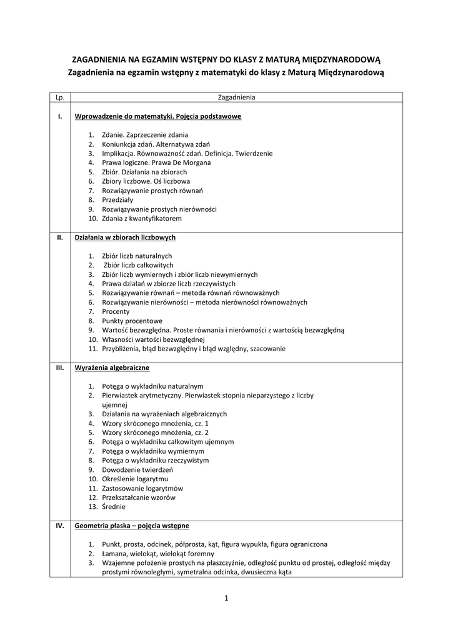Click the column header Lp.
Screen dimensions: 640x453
[60, 97]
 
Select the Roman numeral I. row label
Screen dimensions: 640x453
[60, 116]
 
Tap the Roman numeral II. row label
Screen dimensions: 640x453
[60, 237]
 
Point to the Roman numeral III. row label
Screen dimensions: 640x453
[60, 367]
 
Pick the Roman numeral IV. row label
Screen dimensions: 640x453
[60, 526]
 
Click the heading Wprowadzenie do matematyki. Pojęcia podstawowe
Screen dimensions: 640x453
[157, 116]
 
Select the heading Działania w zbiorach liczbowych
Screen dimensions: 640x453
[125, 237]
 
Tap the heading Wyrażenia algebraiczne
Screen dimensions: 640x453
[112, 367]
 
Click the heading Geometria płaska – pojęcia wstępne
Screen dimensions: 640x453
[132, 526]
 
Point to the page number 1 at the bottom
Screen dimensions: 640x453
[226, 599]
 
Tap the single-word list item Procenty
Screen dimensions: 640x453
[116, 311]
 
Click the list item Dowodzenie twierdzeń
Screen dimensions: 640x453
[137, 469]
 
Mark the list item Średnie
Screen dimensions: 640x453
[114, 507]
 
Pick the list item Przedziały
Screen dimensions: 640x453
[117, 200]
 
